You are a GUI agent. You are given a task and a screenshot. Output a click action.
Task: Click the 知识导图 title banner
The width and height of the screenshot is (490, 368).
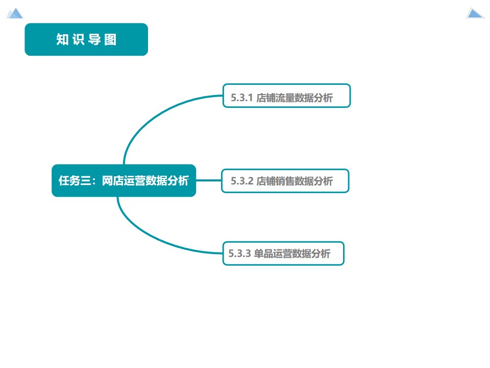[86, 39]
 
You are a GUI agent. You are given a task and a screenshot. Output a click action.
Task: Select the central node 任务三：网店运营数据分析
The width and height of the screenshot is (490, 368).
[124, 180]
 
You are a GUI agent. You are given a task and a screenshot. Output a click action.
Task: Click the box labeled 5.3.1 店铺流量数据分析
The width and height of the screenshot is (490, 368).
[286, 96]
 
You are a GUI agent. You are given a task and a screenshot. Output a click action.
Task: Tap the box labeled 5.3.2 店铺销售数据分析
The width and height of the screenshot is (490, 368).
[285, 181]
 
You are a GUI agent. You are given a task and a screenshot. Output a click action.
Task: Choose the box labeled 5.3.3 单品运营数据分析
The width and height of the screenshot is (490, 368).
[283, 254]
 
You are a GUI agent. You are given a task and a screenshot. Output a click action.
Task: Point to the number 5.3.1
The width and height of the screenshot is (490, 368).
[242, 98]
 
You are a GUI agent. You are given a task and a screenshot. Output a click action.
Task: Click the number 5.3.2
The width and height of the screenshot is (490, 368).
[242, 181]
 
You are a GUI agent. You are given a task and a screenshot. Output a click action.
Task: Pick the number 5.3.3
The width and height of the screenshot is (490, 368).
[240, 254]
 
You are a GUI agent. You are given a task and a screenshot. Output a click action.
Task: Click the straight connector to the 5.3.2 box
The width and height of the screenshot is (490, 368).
[208, 180]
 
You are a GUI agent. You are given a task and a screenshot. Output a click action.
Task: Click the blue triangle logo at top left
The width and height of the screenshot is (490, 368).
[15, 13]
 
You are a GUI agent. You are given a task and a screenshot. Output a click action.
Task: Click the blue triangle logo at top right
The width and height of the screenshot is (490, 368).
[475, 13]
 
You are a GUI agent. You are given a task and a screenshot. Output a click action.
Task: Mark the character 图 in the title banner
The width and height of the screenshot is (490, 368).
[110, 40]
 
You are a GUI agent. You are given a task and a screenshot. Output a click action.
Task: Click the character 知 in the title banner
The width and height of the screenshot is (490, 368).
[62, 40]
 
